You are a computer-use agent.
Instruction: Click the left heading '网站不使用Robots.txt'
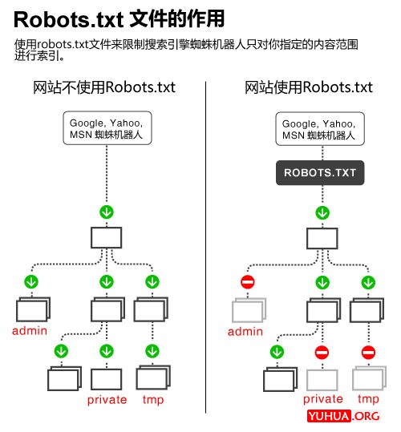point(104,87)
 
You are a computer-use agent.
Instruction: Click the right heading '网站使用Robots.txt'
point(309,87)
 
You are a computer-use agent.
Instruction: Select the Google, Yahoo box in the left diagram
point(107,128)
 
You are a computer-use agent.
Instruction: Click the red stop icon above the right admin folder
point(248,282)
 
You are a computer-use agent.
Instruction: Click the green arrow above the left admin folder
point(31,282)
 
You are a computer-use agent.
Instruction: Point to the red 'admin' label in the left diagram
point(29,331)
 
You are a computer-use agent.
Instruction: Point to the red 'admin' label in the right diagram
point(245,331)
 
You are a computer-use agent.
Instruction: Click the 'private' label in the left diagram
point(107,399)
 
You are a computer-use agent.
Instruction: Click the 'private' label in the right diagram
point(322,399)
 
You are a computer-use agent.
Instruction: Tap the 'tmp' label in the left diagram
point(152,399)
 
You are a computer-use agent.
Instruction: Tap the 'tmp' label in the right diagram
point(368,399)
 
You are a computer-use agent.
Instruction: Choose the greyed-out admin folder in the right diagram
point(247,310)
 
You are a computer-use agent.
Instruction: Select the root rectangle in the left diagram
point(106,238)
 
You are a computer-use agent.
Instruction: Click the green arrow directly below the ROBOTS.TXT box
point(322,212)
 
